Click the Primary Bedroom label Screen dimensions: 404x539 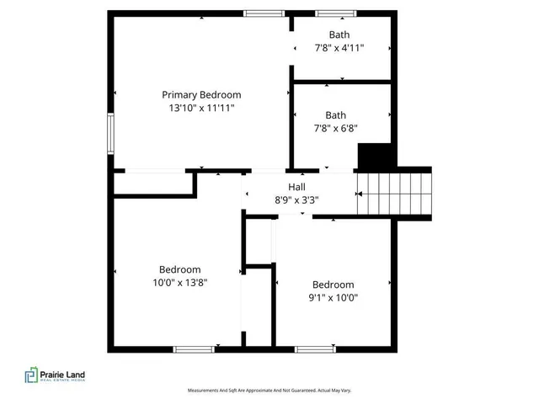pos(201,95)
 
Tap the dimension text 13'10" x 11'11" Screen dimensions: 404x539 pos(201,108)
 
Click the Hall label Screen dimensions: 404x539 pos(296,187)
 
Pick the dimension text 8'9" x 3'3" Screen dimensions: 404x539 pos(296,200)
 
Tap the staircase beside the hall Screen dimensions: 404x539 pos(394,194)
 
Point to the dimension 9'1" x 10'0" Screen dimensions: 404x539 pos(333,298)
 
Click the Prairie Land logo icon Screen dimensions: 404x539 pos(31,375)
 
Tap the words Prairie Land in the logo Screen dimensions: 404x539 pos(63,374)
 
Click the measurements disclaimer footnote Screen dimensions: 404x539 pos(269,391)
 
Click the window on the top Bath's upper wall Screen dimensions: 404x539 pos(329,13)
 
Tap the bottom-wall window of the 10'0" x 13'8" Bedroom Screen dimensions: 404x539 pos(193,348)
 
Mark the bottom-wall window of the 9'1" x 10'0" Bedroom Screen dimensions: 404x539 pos(315,348)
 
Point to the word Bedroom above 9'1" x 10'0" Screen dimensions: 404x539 pos(333,284)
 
